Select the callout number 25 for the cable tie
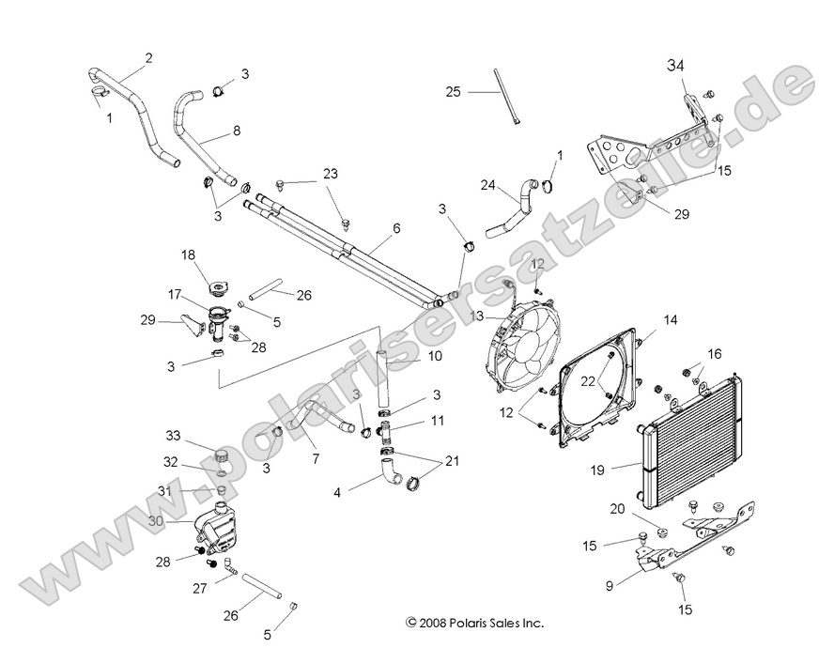pos(454,91)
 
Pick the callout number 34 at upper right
pos(676,65)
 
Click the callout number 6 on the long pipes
pos(370,228)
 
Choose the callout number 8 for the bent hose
pos(236,131)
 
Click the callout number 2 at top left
pos(148,58)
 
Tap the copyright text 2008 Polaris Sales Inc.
pos(474,622)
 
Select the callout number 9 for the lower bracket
pos(610,585)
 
